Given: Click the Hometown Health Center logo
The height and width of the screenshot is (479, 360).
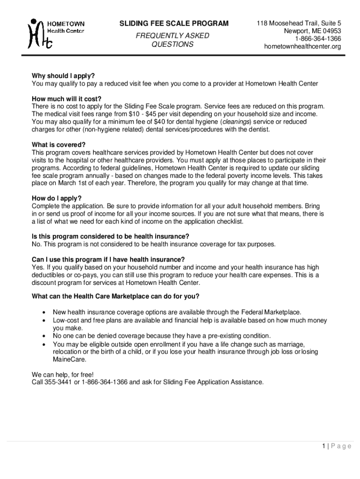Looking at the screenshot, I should click(x=56, y=33).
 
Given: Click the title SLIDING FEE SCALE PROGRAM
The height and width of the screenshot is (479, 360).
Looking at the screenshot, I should click(x=174, y=23).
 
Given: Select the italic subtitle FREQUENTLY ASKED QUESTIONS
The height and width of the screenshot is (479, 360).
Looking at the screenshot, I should click(x=172, y=40).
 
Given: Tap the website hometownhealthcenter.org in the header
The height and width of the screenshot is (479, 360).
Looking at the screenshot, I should click(x=302, y=46).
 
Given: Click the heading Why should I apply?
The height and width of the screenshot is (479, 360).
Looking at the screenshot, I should click(x=63, y=76).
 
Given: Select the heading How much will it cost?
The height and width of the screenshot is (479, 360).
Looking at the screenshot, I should click(x=66, y=99).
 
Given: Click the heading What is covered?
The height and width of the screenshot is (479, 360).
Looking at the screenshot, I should click(x=59, y=145).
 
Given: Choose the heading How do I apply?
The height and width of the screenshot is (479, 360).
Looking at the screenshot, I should click(x=57, y=198).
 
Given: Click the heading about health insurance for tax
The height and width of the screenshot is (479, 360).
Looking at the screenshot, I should click(x=110, y=236).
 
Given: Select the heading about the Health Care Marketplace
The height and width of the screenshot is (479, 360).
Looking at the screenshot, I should click(x=115, y=296).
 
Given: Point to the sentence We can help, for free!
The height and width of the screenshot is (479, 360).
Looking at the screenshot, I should click(x=63, y=375).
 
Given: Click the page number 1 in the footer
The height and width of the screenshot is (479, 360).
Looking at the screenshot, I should click(x=323, y=446).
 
